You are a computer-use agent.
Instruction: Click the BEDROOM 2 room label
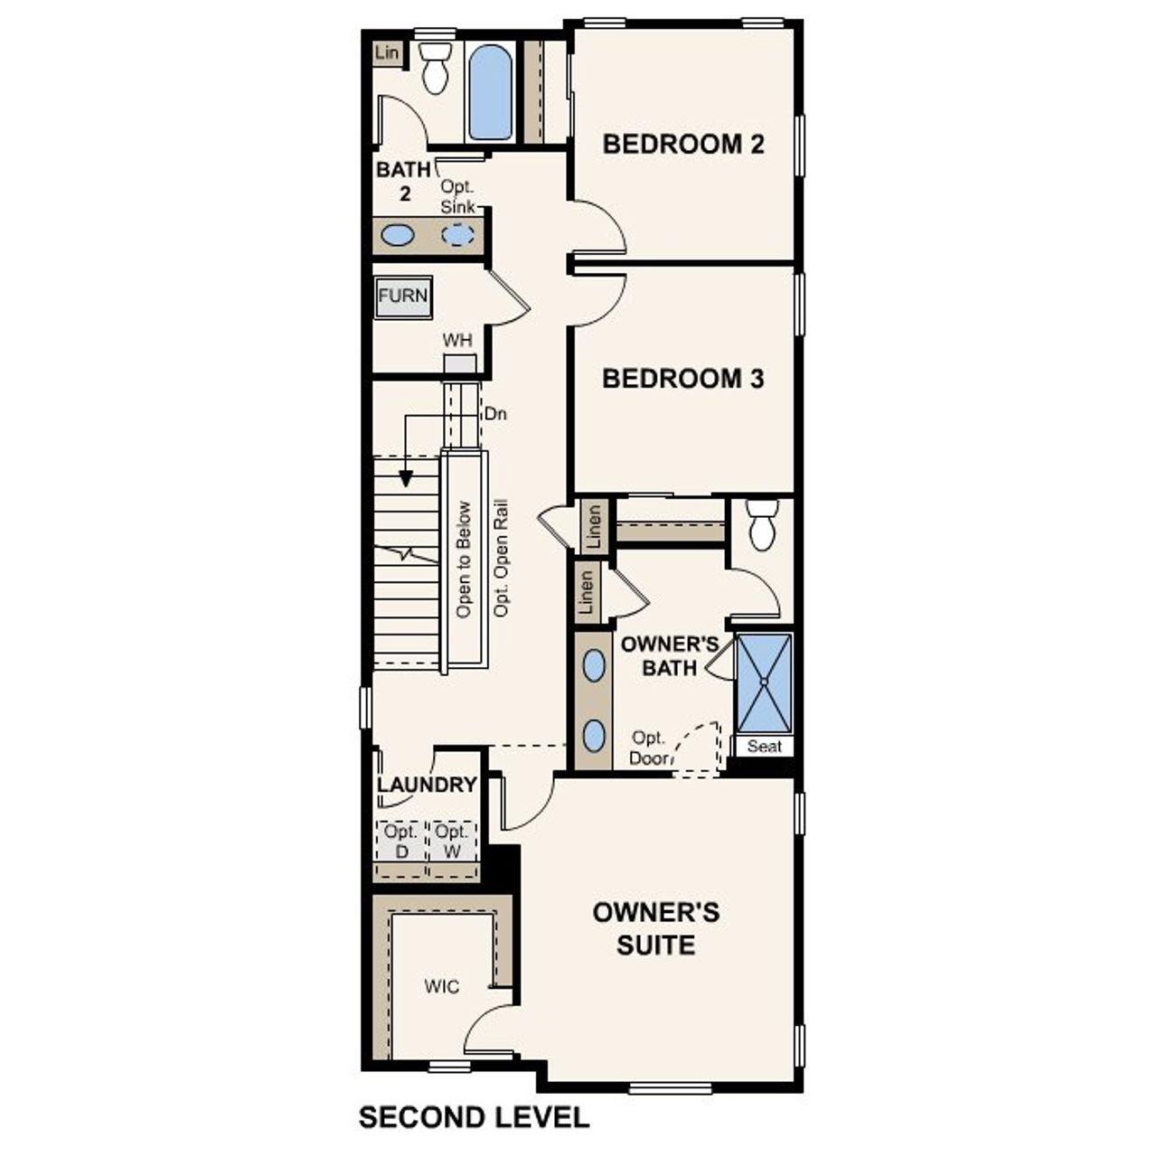[x=683, y=144]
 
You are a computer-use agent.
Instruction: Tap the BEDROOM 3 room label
[x=683, y=378]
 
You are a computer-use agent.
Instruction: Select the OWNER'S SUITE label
[x=656, y=928]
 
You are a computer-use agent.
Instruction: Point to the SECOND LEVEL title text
[x=474, y=1117]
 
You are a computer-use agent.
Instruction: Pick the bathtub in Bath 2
[x=491, y=92]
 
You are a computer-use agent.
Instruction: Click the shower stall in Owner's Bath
[x=764, y=683]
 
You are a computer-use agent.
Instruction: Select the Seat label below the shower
[x=765, y=747]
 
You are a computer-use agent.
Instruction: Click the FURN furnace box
[x=403, y=296]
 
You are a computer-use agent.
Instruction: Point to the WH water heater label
[x=457, y=341]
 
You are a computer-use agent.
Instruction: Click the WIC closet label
[x=442, y=985]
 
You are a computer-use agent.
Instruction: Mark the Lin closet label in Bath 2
[x=386, y=53]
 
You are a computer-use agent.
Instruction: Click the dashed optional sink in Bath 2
[x=457, y=235]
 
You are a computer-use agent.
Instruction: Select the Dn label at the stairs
[x=495, y=414]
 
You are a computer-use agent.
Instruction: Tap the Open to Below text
[x=464, y=560]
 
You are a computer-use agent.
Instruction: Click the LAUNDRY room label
[x=427, y=785]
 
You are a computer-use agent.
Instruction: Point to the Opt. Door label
[x=649, y=748]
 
